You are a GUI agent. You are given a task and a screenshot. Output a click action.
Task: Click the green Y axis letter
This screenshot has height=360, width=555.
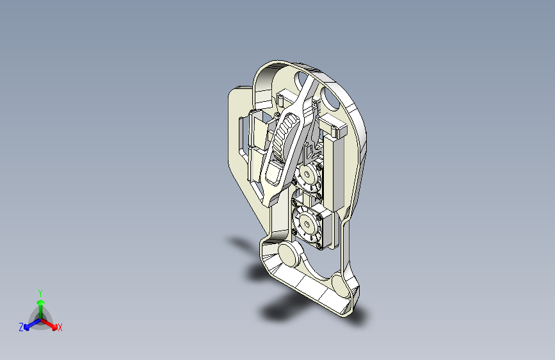tap(40, 293)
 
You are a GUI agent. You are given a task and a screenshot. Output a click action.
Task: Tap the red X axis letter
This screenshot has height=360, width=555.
tap(60, 327)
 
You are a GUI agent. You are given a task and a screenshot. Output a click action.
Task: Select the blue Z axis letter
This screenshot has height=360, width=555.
tap(21, 327)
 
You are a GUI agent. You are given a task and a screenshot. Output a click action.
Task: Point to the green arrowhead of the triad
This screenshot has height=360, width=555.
tap(41, 302)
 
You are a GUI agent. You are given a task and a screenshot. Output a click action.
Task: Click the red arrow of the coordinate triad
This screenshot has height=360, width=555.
tap(49, 324)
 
